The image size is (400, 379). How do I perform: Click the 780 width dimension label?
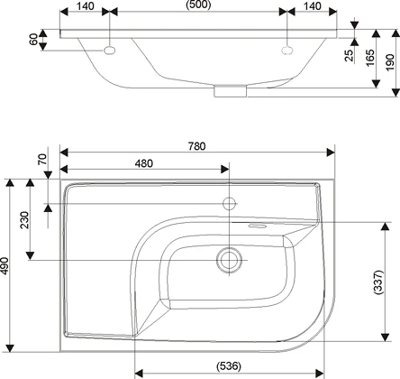[x=197, y=146]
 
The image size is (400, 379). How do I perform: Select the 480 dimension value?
[x=144, y=163]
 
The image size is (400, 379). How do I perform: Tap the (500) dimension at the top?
[x=198, y=5]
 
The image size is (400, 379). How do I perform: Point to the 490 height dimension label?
[x=5, y=266]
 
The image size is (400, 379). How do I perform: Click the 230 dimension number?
[x=24, y=220]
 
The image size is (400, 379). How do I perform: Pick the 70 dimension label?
[x=42, y=159]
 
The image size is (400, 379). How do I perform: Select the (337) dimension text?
[x=378, y=282]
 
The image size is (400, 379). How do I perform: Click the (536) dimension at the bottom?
[x=229, y=366]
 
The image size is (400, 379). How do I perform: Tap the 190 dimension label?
[x=389, y=62]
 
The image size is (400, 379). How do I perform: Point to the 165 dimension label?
[x=370, y=58]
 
